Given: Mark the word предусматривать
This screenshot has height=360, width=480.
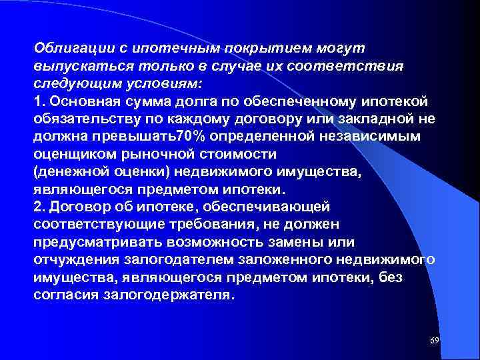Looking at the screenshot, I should pyautogui.click(x=90, y=241).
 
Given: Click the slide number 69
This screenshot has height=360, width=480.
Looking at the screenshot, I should pyautogui.click(x=435, y=341).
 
